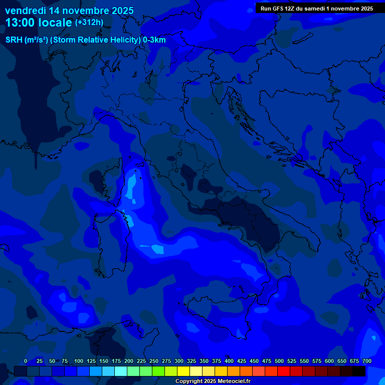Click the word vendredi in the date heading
pyautogui.click(x=26, y=11)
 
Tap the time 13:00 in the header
pyautogui.click(x=20, y=23)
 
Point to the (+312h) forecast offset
pyautogui.click(x=89, y=22)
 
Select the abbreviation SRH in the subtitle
pyautogui.click(x=14, y=40)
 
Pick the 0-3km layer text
pyautogui.click(x=154, y=40)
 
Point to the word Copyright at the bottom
pyautogui.click(x=189, y=381)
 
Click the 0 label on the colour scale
pyautogui.click(x=26, y=361)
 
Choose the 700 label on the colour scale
pyautogui.click(x=367, y=361)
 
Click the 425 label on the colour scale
pyautogui.click(x=242, y=361)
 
